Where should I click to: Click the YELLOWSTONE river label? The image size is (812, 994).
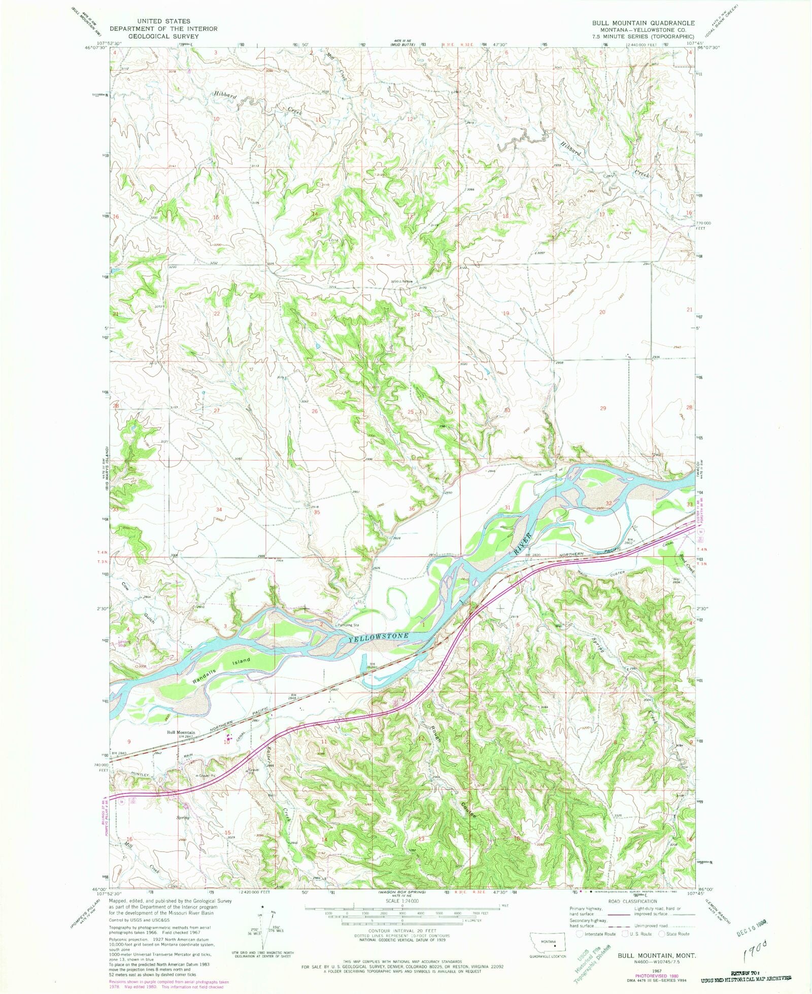[x=379, y=638]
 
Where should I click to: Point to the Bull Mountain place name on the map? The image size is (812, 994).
[x=181, y=733]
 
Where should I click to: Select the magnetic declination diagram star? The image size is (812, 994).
[x=262, y=905]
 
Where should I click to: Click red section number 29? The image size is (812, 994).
[x=603, y=408]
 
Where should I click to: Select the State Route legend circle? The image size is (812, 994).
[x=662, y=934]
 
